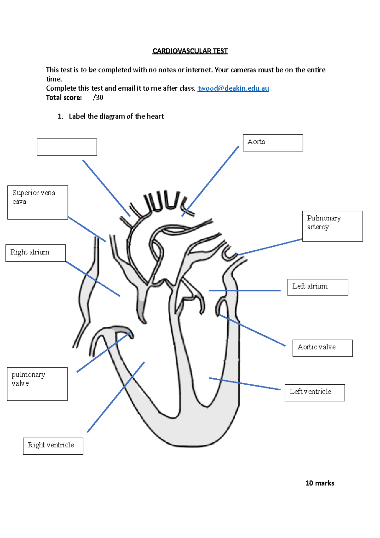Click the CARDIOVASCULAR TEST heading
pyautogui.click(x=190, y=51)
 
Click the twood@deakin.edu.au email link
pyautogui.click(x=233, y=88)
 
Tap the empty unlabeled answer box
pyautogui.click(x=67, y=147)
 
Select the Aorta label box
pyautogui.click(x=273, y=143)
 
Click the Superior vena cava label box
pyautogui.click(x=37, y=202)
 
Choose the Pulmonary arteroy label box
pyautogui.click(x=332, y=226)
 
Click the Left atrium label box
pyautogui.click(x=318, y=287)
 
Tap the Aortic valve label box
pyautogui.click(x=322, y=348)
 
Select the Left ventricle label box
pyautogui.click(x=314, y=393)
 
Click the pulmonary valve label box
pyautogui.click(x=37, y=384)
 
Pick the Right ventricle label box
pyautogui.click(x=53, y=446)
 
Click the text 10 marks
pyautogui.click(x=320, y=483)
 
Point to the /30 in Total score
pyautogui.click(x=98, y=98)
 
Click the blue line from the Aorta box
pyautogui.click(x=211, y=181)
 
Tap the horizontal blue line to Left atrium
pyautogui.click(x=244, y=290)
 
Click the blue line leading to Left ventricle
pyautogui.click(x=244, y=383)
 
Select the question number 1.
pyautogui.click(x=60, y=117)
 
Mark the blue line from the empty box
pyautogui.click(x=106, y=188)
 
